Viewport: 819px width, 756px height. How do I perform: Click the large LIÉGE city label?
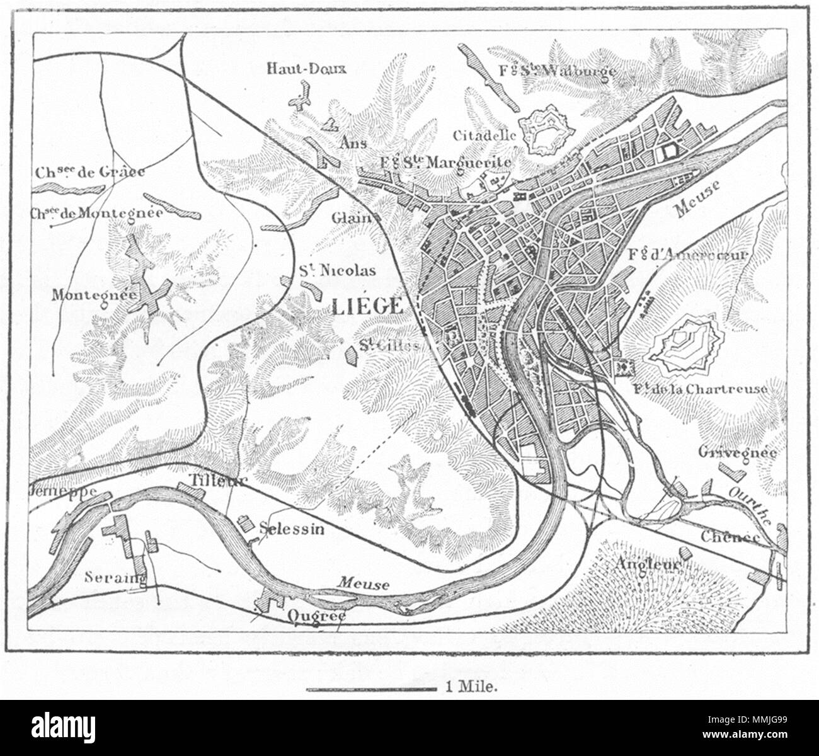pos(367,305)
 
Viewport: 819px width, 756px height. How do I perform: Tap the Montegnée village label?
pos(87,294)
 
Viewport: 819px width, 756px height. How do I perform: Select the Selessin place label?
pos(291,529)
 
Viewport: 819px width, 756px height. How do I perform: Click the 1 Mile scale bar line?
pos(372,689)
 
